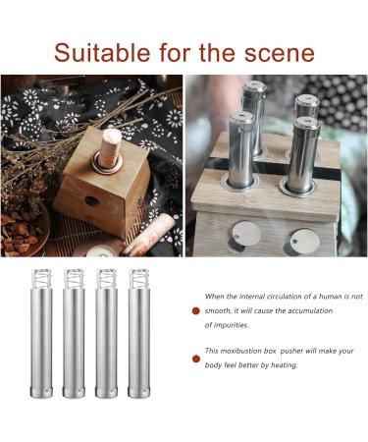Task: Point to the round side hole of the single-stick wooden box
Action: [91, 199]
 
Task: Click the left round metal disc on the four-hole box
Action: [246, 232]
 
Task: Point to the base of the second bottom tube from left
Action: [75, 390]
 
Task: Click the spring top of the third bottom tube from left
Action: [106, 280]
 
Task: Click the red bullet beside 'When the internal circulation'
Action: [194, 310]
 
